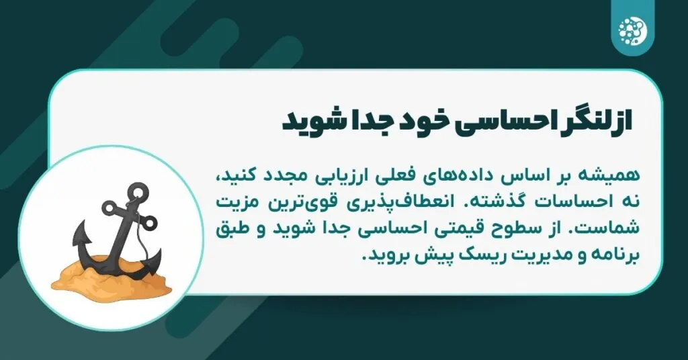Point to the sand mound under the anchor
(x=112, y=275)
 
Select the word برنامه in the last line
(x=617, y=255)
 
